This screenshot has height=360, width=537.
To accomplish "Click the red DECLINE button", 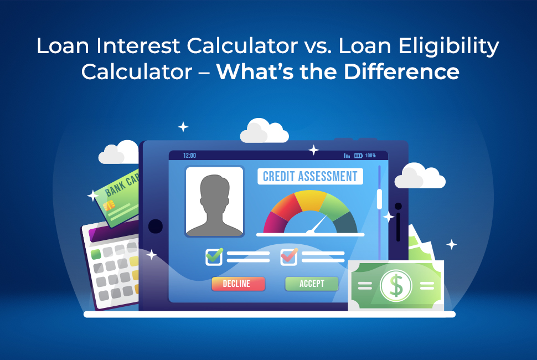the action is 239,284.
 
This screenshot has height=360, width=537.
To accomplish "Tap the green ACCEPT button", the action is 312,284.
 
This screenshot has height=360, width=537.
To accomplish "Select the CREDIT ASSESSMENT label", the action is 310,177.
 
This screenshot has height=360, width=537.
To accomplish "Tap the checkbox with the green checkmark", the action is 214,257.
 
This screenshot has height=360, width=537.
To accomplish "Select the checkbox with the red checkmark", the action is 288,257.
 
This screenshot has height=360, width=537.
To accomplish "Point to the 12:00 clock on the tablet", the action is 189,156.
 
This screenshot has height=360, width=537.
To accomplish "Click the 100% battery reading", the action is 370,156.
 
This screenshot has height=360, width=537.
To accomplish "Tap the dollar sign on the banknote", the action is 396,285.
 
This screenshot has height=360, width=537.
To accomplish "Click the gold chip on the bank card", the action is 109,205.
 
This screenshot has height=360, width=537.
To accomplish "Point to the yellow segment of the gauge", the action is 311,200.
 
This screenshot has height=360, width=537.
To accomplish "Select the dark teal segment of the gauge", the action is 346,223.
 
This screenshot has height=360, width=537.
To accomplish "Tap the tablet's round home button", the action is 155,226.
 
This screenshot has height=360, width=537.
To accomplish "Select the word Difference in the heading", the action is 401,71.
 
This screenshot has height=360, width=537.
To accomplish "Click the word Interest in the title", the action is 138,46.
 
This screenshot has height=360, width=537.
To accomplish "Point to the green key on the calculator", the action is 96,254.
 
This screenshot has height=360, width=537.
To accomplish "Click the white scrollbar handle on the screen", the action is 379,199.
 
